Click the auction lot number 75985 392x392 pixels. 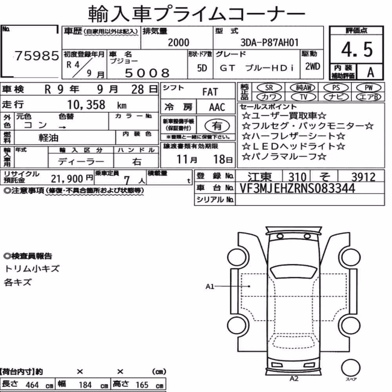pyautogui.click(x=37, y=56)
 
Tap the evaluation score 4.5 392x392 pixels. pyautogui.click(x=357, y=49)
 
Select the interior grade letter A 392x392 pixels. pyautogui.click(x=370, y=72)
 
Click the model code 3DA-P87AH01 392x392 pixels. pyautogui.click(x=270, y=42)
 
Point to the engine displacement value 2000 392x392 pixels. pyautogui.click(x=178, y=42)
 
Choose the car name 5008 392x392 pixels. pyautogui.click(x=147, y=73)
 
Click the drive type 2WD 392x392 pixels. pyautogui.click(x=312, y=66)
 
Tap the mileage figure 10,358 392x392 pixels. pyautogui.click(x=86, y=105)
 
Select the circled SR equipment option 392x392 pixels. pyautogui.click(x=269, y=87)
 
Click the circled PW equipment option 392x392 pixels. pyautogui.click(x=368, y=87)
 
